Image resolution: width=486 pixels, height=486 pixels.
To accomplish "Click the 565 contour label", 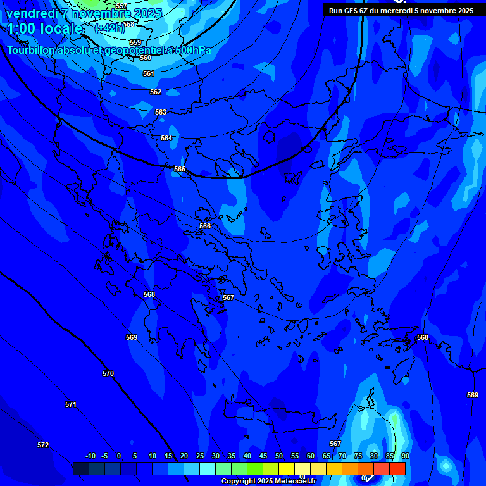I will (x=180, y=169).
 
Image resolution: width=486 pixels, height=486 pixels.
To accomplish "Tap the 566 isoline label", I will (x=205, y=226).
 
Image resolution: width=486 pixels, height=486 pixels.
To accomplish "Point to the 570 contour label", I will (x=108, y=374).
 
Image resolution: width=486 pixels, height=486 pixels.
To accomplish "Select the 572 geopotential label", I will (x=43, y=445).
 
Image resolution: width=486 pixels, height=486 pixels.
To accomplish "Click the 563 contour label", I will (x=161, y=112).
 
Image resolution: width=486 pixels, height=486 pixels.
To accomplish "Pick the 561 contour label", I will (x=149, y=73).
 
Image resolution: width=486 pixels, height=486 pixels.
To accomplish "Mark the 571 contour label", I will (x=71, y=404).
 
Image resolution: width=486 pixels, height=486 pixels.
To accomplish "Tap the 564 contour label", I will (x=166, y=138).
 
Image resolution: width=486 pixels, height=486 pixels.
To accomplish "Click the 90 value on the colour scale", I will (x=405, y=456).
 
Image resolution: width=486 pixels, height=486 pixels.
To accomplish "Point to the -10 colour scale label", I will (x=90, y=456).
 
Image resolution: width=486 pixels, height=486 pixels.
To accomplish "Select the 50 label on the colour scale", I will (x=279, y=456).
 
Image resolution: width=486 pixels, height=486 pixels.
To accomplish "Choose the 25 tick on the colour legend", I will (x=200, y=456).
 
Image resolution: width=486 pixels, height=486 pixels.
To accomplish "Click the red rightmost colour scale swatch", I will (x=397, y=468).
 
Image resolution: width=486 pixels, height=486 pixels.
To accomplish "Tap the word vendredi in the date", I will (x=30, y=13).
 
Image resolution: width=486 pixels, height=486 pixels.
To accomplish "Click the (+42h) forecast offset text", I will (x=109, y=28).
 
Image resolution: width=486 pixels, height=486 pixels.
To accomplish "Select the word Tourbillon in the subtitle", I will (x=31, y=50).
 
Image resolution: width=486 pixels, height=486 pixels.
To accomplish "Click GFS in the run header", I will (x=350, y=11).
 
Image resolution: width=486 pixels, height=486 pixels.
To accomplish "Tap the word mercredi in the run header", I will (x=397, y=11).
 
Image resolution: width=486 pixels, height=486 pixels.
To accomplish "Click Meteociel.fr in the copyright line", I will (x=296, y=482).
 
